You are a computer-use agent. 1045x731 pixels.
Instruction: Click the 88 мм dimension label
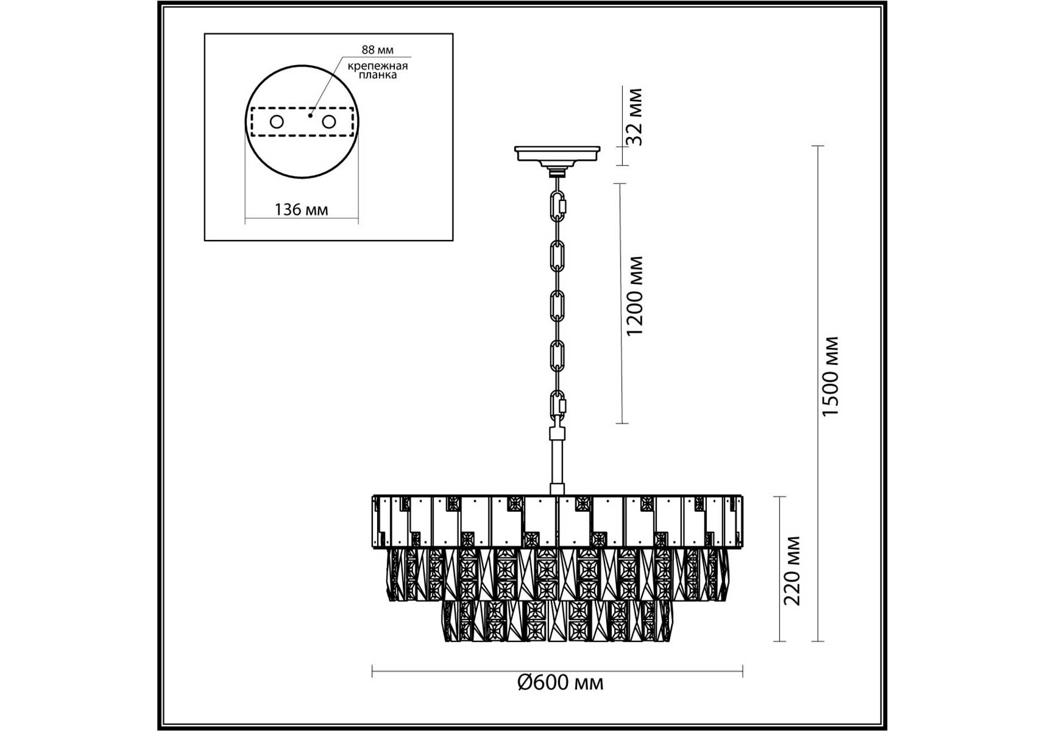tap(377, 50)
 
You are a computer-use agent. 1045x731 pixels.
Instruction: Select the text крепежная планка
tap(378, 70)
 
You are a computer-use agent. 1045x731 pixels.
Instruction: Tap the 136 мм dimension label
tap(301, 210)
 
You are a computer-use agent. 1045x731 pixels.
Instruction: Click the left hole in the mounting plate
tap(277, 122)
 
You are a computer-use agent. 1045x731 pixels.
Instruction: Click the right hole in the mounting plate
tap(329, 122)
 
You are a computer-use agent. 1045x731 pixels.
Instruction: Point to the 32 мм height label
tap(636, 116)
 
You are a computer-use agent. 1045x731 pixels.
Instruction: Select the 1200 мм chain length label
tap(635, 296)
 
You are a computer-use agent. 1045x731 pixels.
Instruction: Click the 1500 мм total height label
tap(831, 376)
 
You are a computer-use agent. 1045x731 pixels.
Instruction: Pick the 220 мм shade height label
tap(792, 571)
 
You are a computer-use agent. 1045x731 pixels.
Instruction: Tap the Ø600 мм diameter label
tap(560, 682)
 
